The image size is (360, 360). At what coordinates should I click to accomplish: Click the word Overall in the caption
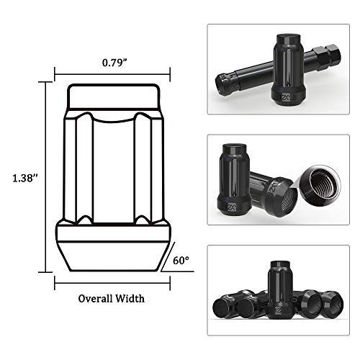click(95, 297)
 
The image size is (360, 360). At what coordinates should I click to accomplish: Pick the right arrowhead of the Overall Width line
click(170, 275)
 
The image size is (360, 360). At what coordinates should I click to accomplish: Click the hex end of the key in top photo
click(337, 52)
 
